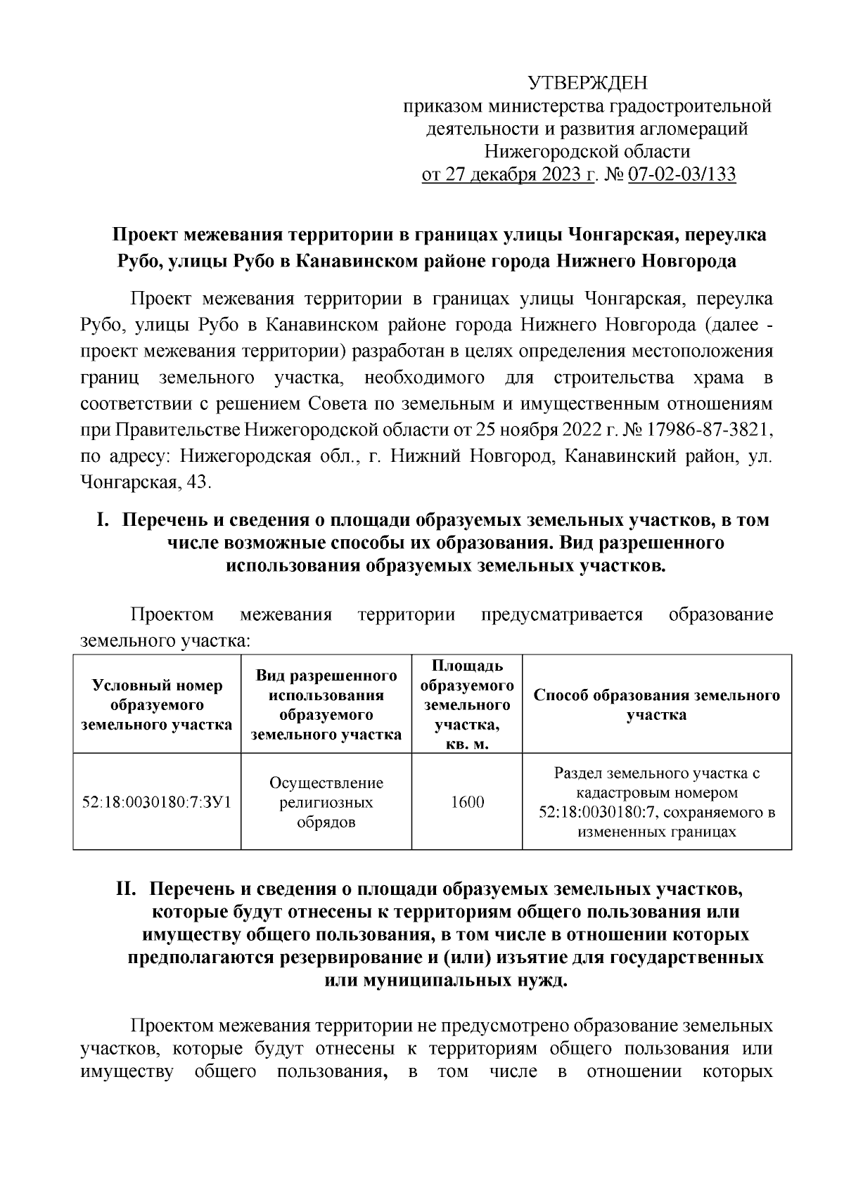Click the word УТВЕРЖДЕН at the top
587,83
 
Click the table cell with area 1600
467,801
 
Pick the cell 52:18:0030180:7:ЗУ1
157,801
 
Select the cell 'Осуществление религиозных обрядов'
326,802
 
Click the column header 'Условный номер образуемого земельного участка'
157,704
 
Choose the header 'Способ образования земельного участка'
657,704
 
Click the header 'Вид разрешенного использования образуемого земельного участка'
326,704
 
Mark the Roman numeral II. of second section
129,889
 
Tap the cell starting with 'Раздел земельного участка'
657,802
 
